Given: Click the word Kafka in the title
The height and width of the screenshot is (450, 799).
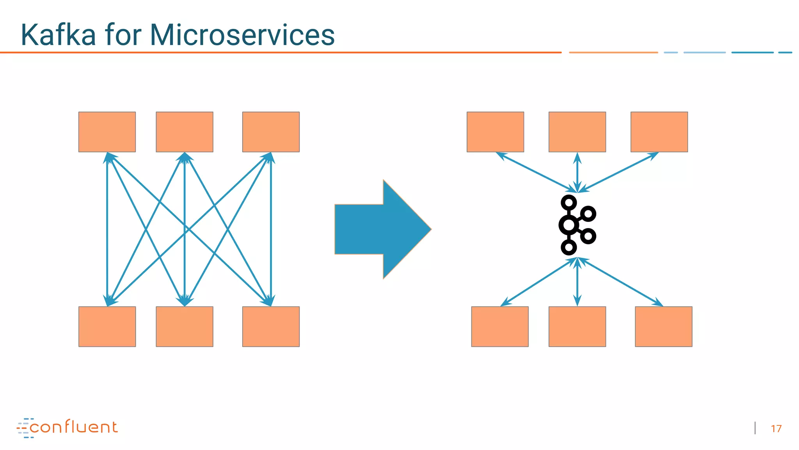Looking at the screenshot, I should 59,35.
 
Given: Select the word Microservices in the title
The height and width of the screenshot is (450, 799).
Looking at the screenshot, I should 242,35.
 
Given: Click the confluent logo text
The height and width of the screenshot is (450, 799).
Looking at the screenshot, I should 73,427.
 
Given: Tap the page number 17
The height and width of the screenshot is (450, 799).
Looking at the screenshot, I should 776,429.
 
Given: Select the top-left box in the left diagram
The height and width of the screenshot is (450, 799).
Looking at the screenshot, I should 107,132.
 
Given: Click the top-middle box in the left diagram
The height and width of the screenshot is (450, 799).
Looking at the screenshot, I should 185,132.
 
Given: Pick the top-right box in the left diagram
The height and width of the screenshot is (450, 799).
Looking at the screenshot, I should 271,132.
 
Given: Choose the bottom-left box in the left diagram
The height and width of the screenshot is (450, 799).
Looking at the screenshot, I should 107,326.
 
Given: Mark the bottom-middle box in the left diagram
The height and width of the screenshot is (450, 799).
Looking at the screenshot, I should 185,326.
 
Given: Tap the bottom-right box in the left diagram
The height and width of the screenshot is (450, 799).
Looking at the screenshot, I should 271,326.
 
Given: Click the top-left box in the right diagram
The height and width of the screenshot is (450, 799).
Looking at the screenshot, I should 495,132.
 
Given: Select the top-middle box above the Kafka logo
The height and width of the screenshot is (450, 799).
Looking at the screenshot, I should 577,132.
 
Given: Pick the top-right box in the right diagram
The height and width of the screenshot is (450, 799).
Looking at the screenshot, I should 659,132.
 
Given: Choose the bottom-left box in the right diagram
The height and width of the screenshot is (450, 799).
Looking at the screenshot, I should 500,326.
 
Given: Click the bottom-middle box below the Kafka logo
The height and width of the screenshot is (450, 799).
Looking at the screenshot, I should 577,326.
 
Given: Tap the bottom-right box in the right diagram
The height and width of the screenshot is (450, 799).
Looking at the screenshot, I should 663,326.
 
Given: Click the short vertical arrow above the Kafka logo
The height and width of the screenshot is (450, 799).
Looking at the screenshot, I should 577,172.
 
